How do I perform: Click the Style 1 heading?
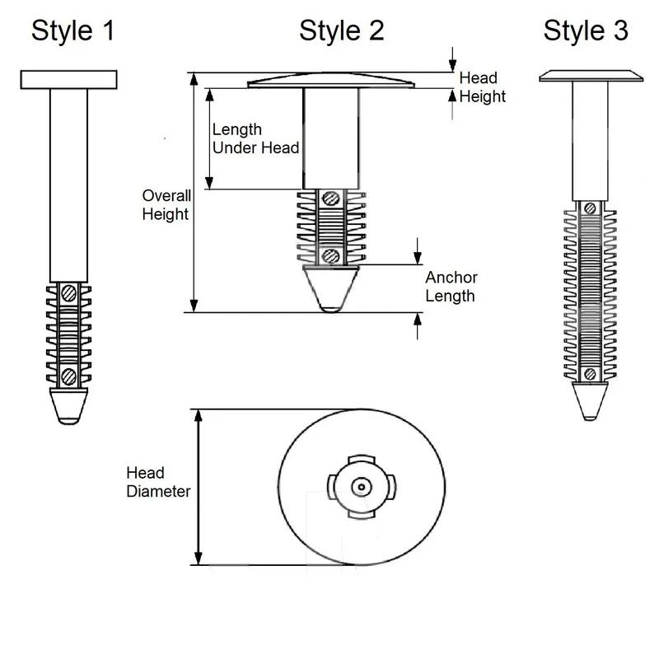click(x=72, y=31)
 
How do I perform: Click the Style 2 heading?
click(x=341, y=31)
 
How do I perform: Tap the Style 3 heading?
click(x=586, y=31)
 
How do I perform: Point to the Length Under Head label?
click(x=255, y=138)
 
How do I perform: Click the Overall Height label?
click(x=166, y=205)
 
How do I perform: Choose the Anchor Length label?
click(x=451, y=287)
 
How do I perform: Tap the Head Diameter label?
click(x=158, y=482)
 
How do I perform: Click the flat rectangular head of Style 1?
click(x=68, y=79)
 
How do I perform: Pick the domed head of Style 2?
click(x=330, y=81)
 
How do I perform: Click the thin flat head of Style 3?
click(x=590, y=77)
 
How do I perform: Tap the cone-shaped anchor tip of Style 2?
click(x=330, y=287)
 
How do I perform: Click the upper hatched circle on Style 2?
click(x=330, y=199)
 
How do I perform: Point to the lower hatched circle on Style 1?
click(x=68, y=376)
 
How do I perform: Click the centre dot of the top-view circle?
click(x=360, y=487)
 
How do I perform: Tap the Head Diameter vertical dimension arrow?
click(x=198, y=487)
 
